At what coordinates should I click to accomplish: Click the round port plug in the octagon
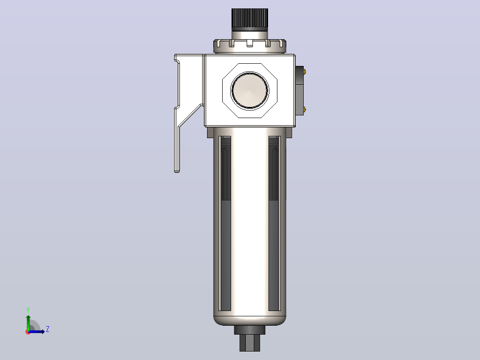coord(250,90)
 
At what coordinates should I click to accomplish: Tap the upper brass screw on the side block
coord(305,72)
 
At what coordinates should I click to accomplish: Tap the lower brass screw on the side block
coord(305,109)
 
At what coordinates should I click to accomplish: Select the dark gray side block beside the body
coord(299,91)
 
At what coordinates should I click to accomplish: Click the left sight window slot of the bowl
coord(225,223)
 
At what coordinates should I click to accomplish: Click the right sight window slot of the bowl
coord(274,223)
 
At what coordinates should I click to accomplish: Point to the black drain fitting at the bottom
coord(250,339)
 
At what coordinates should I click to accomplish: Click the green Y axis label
coord(28,310)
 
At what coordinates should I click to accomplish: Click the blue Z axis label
coord(48,329)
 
